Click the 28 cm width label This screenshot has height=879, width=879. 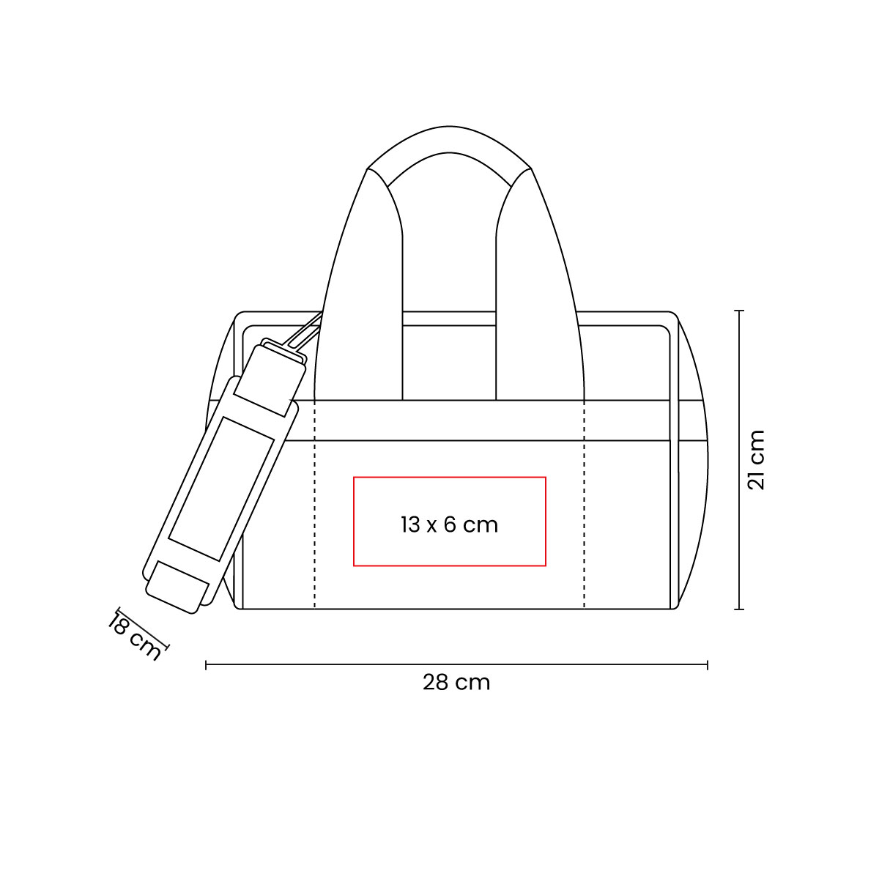pos(456,683)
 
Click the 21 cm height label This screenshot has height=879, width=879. pos(755,460)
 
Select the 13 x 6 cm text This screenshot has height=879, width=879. pos(449,524)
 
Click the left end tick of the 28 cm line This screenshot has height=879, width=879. pos(207,664)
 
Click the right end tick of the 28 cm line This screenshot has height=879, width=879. pos(707,664)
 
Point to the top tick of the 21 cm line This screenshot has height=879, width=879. pos(740,311)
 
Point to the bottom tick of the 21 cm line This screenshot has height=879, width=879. pos(740,609)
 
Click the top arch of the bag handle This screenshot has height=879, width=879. pos(448,143)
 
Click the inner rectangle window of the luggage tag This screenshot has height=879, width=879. pos(219,483)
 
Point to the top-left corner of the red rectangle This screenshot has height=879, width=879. pos(354,477)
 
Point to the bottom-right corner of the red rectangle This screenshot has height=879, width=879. pos(546,566)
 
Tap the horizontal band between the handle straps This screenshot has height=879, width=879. pos(448,420)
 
